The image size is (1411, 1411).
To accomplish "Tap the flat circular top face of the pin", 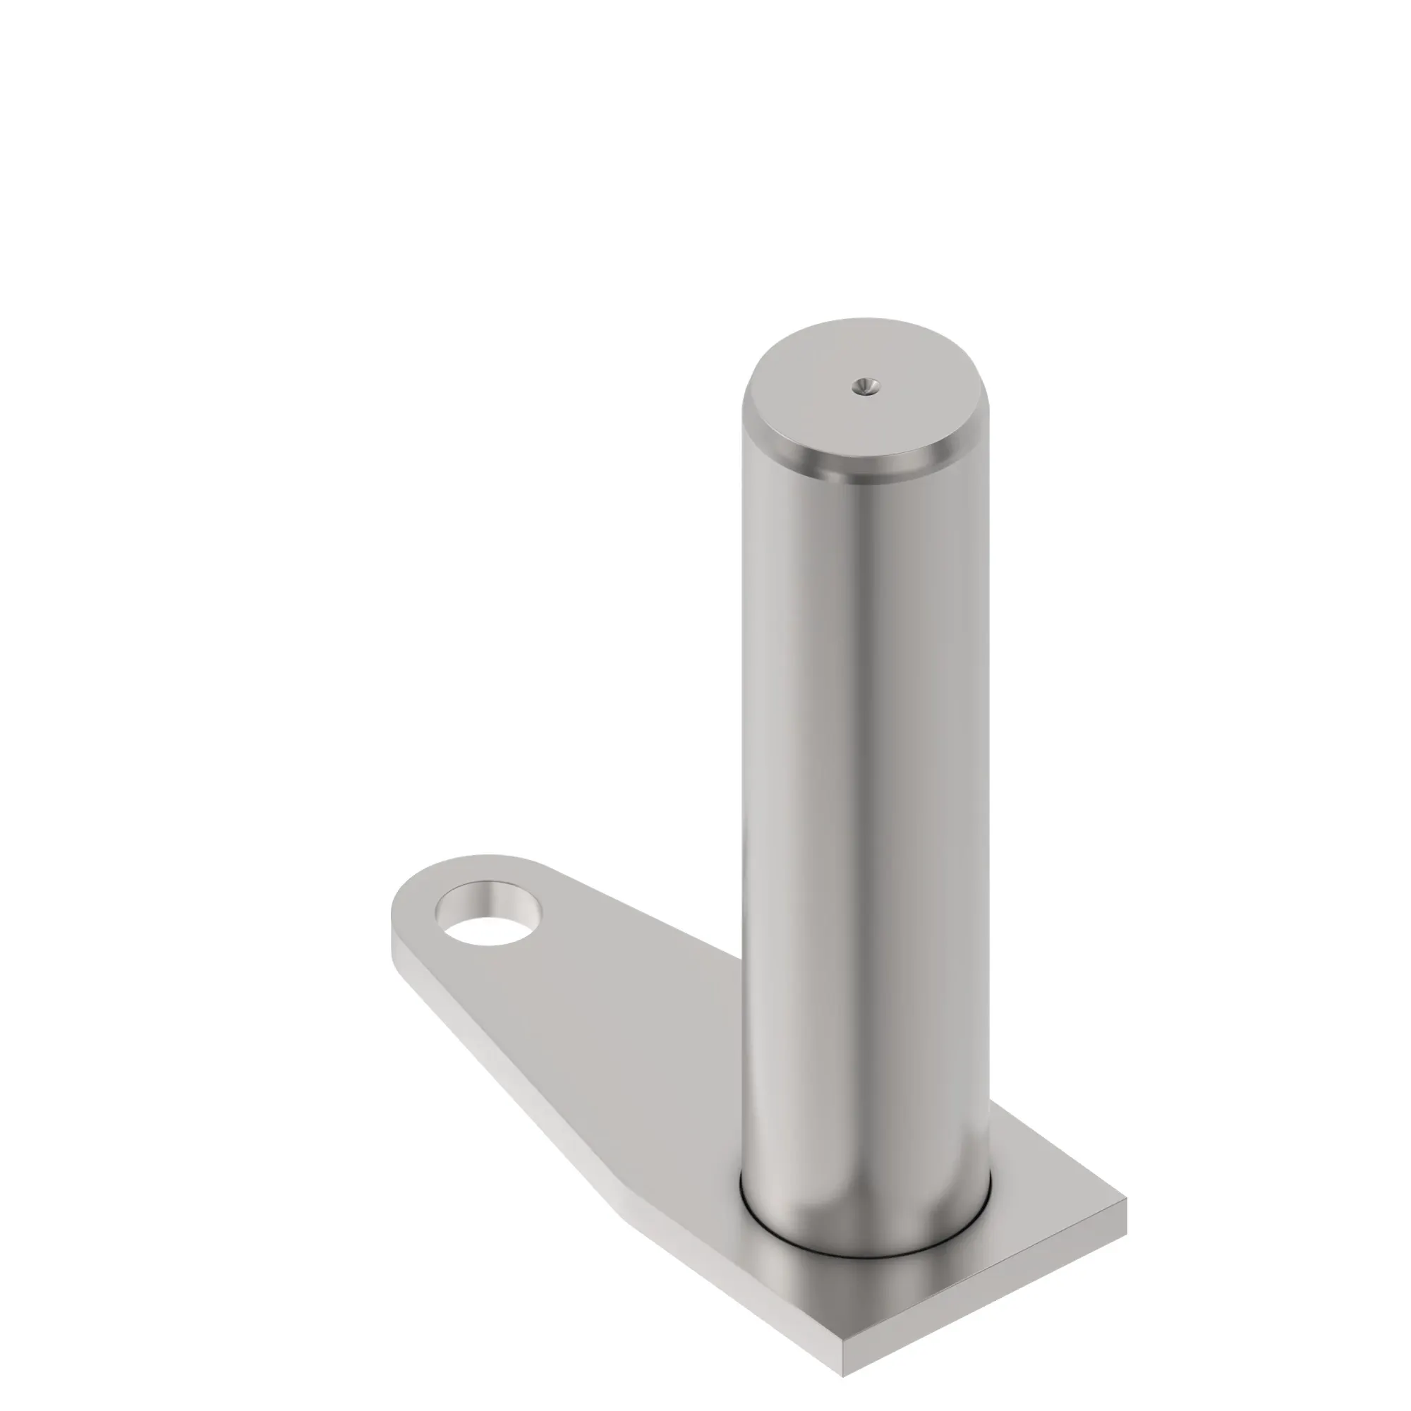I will [x=840, y=409].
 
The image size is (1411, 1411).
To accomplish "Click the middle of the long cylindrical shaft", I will [x=866, y=767].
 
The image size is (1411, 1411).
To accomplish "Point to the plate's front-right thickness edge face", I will [x=986, y=1271].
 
